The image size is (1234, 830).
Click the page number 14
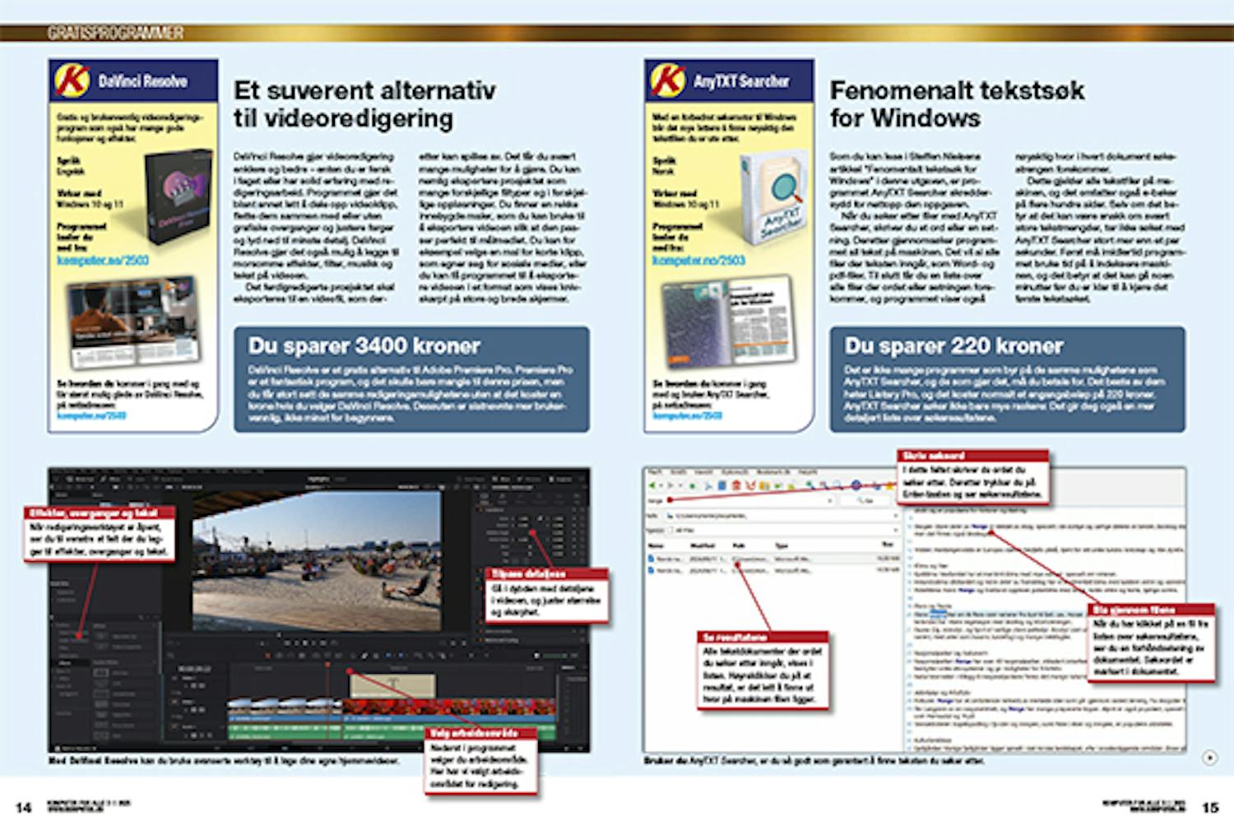click(x=24, y=807)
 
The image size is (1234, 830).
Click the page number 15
click(x=1210, y=807)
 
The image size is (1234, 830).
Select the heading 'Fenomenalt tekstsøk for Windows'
click(x=956, y=104)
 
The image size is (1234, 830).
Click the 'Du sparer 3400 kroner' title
click(x=364, y=345)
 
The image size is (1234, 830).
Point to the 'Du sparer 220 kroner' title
click(x=953, y=345)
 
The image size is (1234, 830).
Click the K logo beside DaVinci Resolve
click(x=72, y=81)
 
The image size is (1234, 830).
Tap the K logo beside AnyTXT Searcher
click(x=667, y=81)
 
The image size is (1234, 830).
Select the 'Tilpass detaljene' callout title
click(x=529, y=573)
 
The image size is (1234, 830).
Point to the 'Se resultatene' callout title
click(x=734, y=637)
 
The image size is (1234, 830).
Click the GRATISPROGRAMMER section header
click(x=115, y=33)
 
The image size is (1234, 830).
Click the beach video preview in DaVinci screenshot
click(x=318, y=559)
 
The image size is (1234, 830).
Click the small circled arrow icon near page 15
click(x=1209, y=758)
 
